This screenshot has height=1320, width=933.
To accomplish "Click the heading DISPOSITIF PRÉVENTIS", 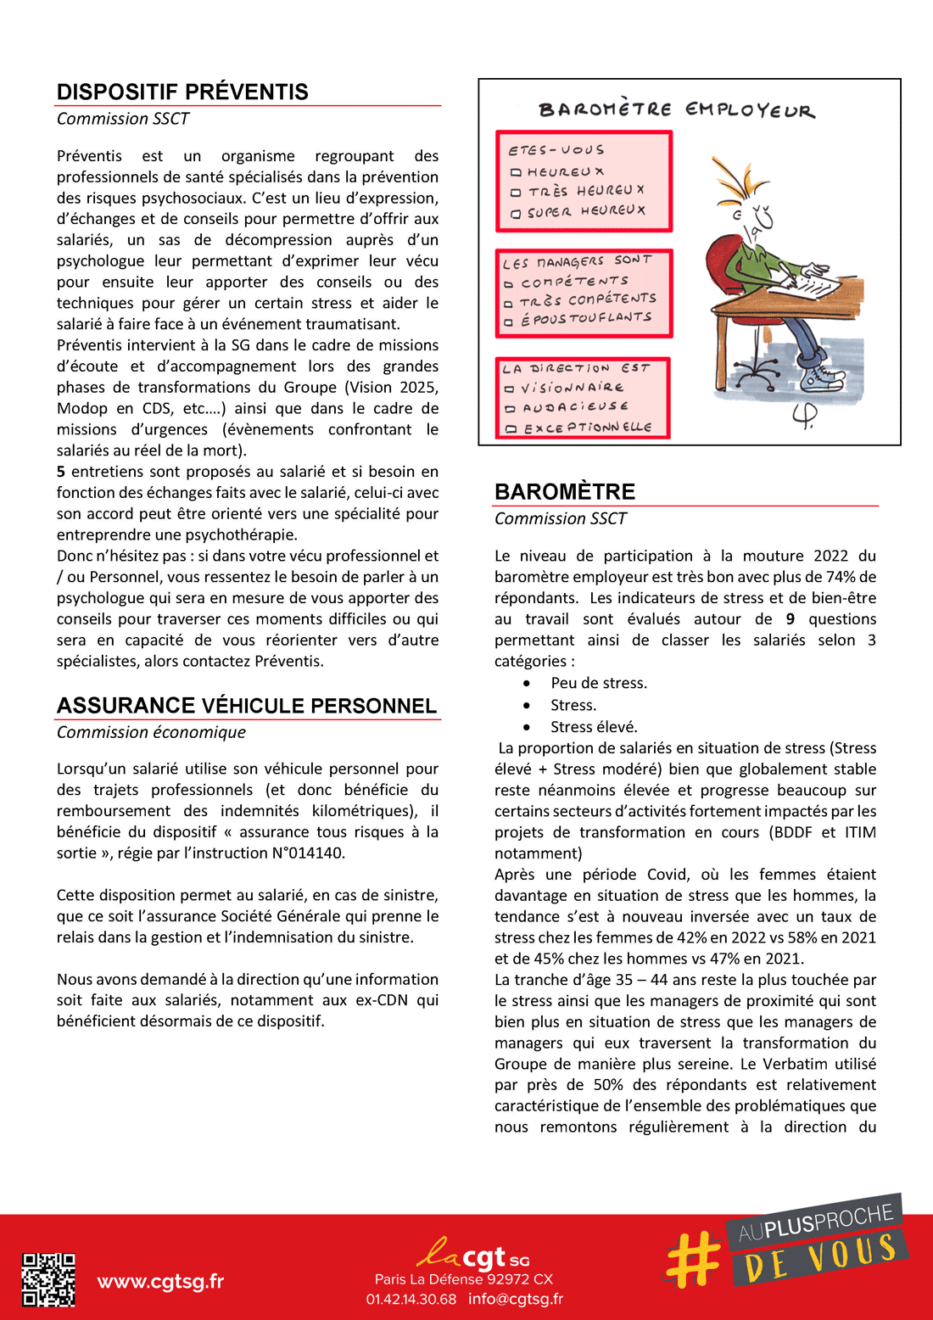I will [182, 92].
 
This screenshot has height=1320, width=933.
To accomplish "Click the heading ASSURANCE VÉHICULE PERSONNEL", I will [247, 706].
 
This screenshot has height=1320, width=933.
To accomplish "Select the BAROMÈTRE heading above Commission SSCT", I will [565, 492].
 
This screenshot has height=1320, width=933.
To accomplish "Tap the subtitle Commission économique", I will [151, 732].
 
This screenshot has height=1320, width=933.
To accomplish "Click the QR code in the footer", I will [48, 1279].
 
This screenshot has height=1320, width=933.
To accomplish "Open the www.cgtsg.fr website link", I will [160, 1281].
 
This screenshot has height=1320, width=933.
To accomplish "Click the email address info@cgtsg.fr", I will [516, 1299].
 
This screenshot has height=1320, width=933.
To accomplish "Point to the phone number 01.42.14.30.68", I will [411, 1299].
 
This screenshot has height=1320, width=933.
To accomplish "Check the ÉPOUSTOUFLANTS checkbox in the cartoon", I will [509, 322].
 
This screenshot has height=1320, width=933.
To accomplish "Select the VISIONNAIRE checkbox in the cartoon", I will [510, 389].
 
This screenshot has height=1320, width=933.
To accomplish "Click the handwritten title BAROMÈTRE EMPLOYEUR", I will [676, 110].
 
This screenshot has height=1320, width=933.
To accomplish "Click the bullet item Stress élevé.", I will [594, 727].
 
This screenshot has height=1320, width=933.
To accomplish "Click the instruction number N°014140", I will [301, 853].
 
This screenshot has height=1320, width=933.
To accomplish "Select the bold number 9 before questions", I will [791, 619].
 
